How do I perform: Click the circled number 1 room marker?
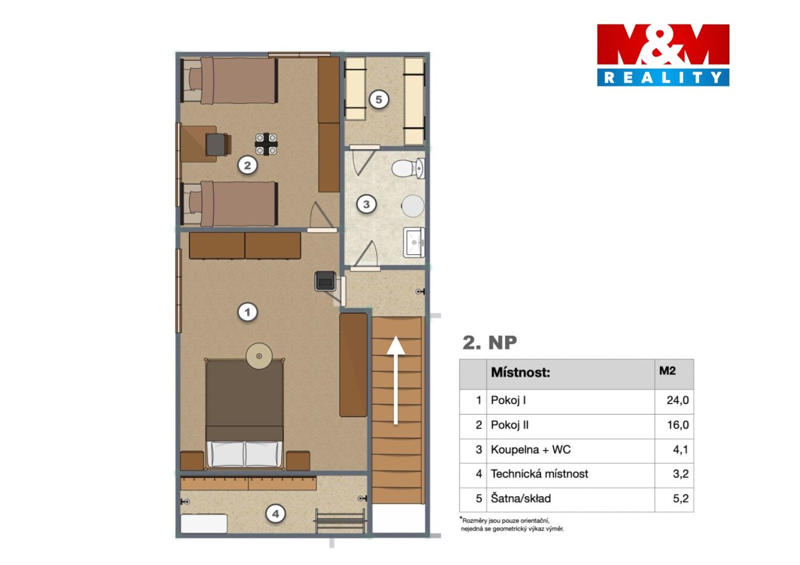pos(247,313)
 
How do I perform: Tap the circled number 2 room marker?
pos(247,166)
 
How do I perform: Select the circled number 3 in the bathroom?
pos(366,204)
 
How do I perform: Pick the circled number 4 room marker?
pos(275,514)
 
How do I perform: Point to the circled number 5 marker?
pos(379,99)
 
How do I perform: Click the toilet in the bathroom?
pos(408,168)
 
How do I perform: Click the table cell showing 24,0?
pos(678,401)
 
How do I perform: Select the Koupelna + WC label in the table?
pos(531,450)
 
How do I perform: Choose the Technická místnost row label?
pos(539,474)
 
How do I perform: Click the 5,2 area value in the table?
pos(680,499)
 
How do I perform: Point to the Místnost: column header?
pos(520,373)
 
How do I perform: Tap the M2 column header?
pos(668,371)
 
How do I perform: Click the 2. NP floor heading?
pos(490,343)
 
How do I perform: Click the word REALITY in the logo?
pos(663,77)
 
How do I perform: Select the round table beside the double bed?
pos(259,356)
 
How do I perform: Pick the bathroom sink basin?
pos(414,243)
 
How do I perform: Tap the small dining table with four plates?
pos(266,144)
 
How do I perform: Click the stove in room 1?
pos(325,282)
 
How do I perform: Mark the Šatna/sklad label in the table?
pos(521,499)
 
